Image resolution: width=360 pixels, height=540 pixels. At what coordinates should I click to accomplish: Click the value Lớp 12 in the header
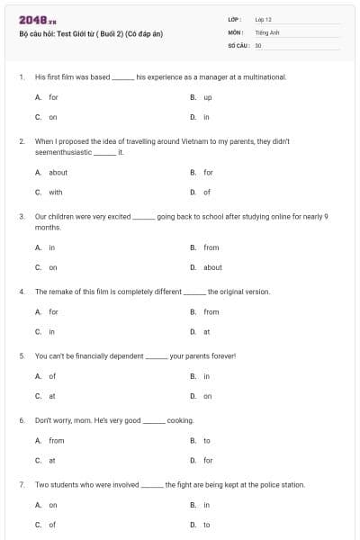263,19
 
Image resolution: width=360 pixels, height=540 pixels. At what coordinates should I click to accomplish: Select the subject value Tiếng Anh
267,31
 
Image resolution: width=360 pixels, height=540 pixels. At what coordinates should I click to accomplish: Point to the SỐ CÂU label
238,44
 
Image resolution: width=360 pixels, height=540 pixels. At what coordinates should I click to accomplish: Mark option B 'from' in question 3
211,247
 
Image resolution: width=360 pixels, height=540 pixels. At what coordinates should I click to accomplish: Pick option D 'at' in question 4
207,331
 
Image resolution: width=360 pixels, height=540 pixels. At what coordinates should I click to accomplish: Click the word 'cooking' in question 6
180,420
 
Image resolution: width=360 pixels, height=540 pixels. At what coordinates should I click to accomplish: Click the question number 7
21,484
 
